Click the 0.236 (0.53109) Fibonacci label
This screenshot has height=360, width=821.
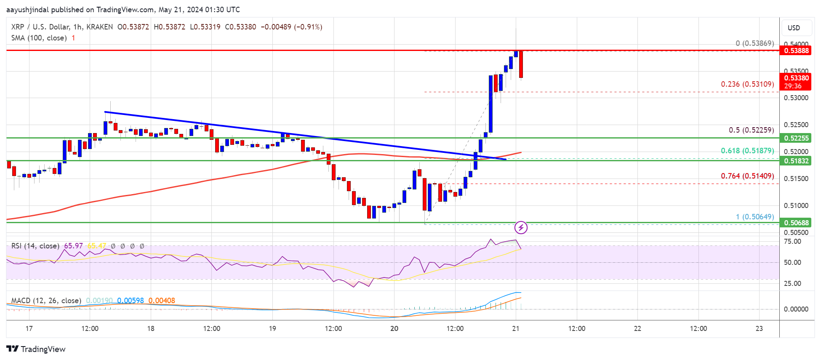pos(747,84)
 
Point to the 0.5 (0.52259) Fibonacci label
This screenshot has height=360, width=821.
pos(751,130)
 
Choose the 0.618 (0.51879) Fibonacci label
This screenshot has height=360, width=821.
pos(747,151)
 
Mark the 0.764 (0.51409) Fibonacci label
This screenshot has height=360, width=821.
pos(747,176)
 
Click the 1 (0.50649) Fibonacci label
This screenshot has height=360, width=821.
pos(754,217)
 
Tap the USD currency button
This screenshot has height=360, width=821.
pos(794,28)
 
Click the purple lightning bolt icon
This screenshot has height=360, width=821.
pos(521,228)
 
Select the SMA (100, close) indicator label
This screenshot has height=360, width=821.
pos(39,38)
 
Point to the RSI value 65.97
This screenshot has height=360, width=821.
pos(73,246)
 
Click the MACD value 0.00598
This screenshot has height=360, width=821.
pos(130,301)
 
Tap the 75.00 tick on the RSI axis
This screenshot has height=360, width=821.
pos(792,242)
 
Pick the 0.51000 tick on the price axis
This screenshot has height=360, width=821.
pos(796,205)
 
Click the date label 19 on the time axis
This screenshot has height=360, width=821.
pos(272,328)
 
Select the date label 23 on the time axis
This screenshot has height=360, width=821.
pos(759,328)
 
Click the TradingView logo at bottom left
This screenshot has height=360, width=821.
pos(36,349)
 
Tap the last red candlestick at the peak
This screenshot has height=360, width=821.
pos(521,64)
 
